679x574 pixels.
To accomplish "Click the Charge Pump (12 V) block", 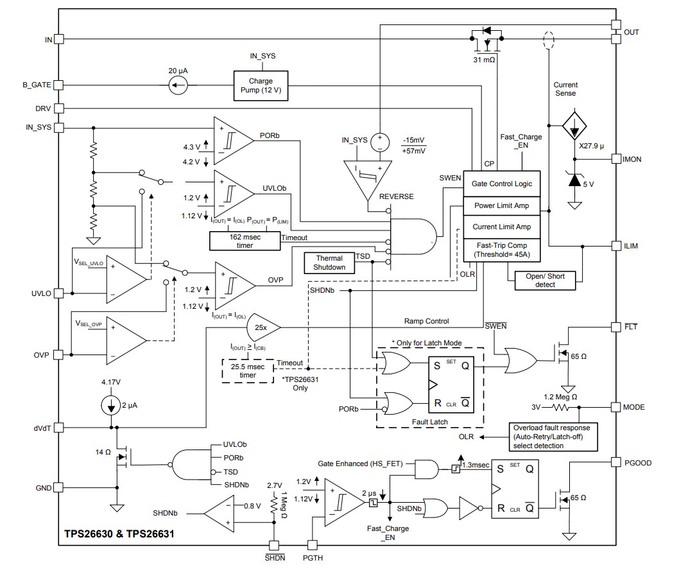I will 261,85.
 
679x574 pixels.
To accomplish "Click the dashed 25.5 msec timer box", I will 248,370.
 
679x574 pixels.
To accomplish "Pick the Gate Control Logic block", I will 502,184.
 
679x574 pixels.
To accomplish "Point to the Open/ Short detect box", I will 540,280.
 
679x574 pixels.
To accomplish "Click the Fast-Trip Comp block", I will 502,249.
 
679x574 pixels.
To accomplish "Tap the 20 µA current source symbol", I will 180,85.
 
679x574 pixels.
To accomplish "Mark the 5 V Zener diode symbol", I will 571,181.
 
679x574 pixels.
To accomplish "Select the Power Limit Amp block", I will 502,206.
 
